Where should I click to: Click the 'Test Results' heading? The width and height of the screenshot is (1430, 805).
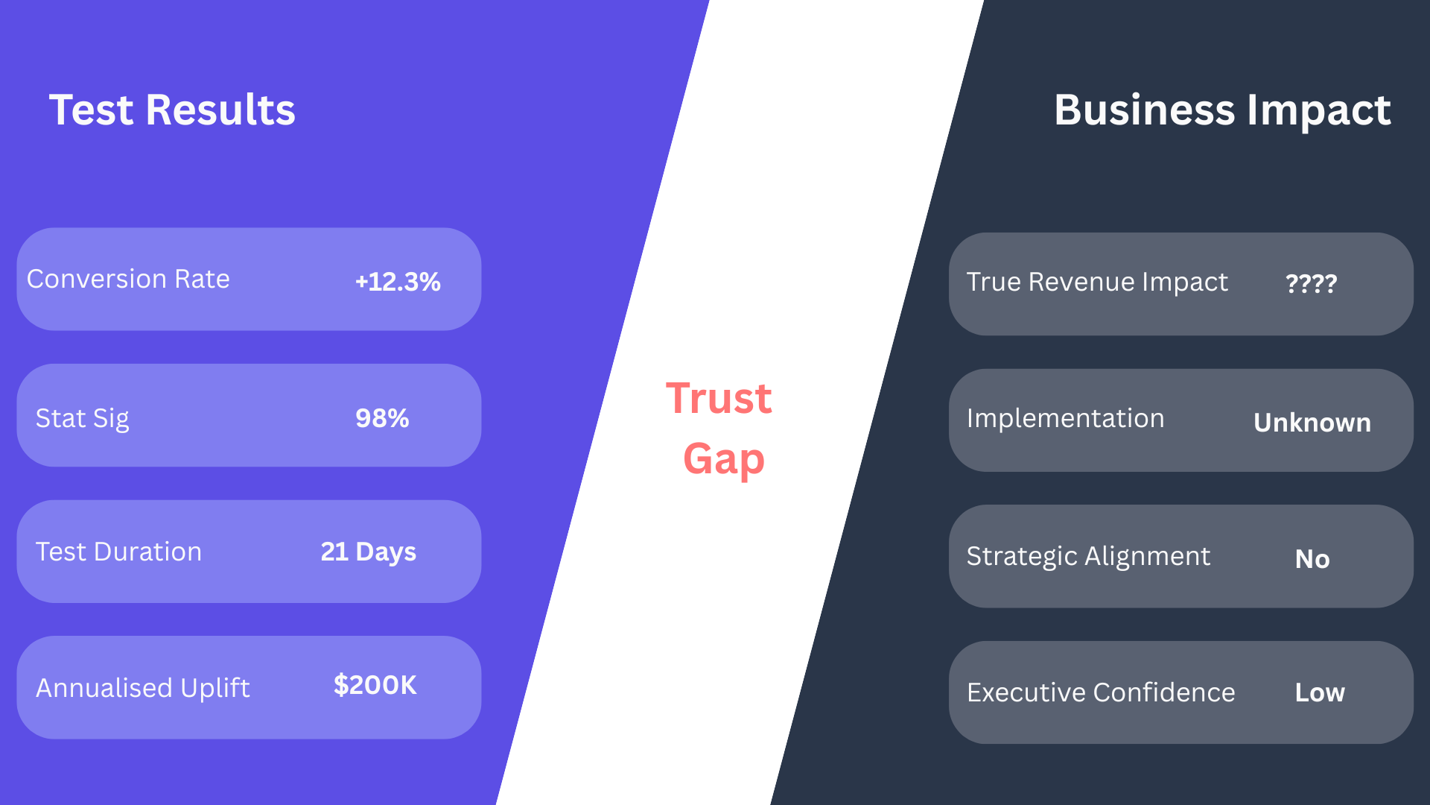pos(172,110)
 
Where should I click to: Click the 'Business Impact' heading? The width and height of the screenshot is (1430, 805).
pos(1222,111)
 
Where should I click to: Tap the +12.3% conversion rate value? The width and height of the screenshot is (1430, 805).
pos(398,282)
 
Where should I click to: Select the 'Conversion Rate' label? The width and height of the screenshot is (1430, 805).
pos(128,279)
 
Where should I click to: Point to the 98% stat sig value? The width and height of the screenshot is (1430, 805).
pos(382,418)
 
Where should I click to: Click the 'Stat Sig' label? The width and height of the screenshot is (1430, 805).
pos(83,418)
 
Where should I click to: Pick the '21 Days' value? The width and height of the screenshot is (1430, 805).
pos(368,552)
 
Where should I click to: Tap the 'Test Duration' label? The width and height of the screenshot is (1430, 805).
pos(118,552)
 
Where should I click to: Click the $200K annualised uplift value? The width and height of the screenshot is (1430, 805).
pos(375,685)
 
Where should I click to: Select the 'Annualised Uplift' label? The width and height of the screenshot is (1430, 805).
pos(143,687)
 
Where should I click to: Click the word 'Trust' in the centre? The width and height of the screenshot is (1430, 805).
pos(719,398)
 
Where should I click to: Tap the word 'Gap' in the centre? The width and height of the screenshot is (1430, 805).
pos(724,459)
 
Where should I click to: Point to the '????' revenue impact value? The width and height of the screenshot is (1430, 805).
pos(1312,283)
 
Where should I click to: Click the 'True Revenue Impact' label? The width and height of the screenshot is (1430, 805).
pos(1097,282)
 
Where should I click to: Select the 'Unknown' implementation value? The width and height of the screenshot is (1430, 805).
pos(1312,423)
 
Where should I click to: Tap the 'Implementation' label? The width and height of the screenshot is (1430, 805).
pos(1065,418)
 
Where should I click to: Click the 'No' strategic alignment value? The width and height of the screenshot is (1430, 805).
pos(1312,559)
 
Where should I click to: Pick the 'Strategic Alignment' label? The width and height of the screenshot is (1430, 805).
pos(1088,556)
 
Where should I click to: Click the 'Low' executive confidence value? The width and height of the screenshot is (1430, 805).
pos(1320,692)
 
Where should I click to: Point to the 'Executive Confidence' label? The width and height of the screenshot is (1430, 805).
pos(1101,692)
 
